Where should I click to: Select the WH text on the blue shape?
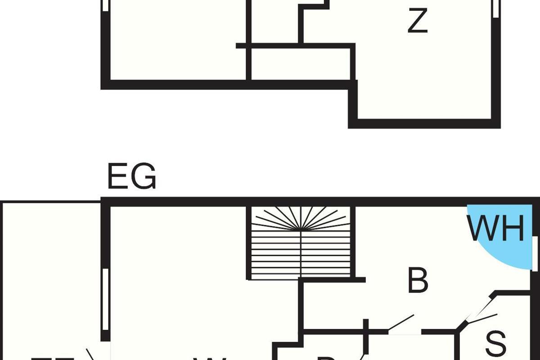496,229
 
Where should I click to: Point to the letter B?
418,281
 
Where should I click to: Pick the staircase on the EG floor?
301,243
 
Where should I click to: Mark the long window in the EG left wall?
105,300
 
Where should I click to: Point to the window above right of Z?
496,8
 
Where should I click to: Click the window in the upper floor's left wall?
105,5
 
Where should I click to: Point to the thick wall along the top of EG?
315,202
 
